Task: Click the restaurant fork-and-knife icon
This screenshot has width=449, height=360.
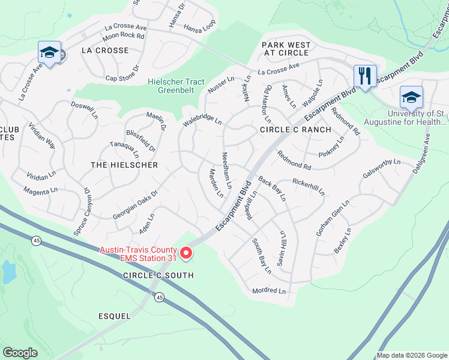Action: click(364, 76)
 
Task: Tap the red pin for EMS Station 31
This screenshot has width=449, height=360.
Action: click(186, 254)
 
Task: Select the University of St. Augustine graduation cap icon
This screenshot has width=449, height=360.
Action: click(411, 97)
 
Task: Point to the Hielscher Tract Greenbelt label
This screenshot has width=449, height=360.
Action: click(176, 86)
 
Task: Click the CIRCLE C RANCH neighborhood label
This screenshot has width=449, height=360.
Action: click(295, 130)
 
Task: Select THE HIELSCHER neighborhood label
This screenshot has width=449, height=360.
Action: click(124, 165)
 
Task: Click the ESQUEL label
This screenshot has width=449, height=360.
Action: click(114, 315)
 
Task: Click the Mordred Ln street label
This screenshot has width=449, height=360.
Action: click(268, 291)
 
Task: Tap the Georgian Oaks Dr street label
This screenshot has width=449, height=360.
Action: click(134, 202)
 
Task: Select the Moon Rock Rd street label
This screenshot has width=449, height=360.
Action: click(124, 36)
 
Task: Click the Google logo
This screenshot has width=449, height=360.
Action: click(20, 353)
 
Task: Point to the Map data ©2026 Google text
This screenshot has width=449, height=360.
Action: click(412, 355)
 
